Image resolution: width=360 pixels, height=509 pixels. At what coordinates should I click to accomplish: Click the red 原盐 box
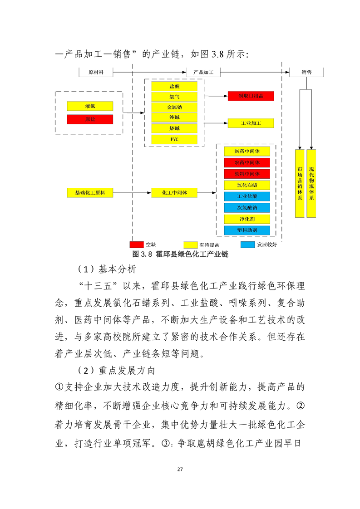(90, 119)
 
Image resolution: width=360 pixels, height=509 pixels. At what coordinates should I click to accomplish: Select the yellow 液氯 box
(90, 106)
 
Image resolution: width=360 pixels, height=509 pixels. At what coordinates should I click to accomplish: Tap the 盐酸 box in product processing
(174, 86)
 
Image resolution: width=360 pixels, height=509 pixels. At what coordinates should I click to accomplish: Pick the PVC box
(174, 139)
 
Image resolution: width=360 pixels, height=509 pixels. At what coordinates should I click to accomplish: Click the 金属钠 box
(174, 107)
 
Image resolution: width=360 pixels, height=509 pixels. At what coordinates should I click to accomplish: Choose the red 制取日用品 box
(251, 96)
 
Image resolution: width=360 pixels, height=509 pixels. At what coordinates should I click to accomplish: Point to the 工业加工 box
(251, 123)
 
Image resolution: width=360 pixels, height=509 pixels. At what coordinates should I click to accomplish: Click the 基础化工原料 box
(90, 193)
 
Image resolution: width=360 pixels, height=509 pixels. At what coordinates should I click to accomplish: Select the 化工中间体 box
(174, 193)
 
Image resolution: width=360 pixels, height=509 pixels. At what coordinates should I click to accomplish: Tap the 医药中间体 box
(247, 151)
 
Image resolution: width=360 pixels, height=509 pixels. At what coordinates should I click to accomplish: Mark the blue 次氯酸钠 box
(247, 208)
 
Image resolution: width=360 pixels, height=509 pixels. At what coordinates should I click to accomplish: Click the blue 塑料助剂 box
(247, 230)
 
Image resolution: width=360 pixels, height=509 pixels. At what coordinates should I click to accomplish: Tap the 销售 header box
(306, 72)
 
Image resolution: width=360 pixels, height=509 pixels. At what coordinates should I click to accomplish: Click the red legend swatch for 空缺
(137, 245)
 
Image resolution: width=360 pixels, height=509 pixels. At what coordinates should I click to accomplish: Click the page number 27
(180, 469)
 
